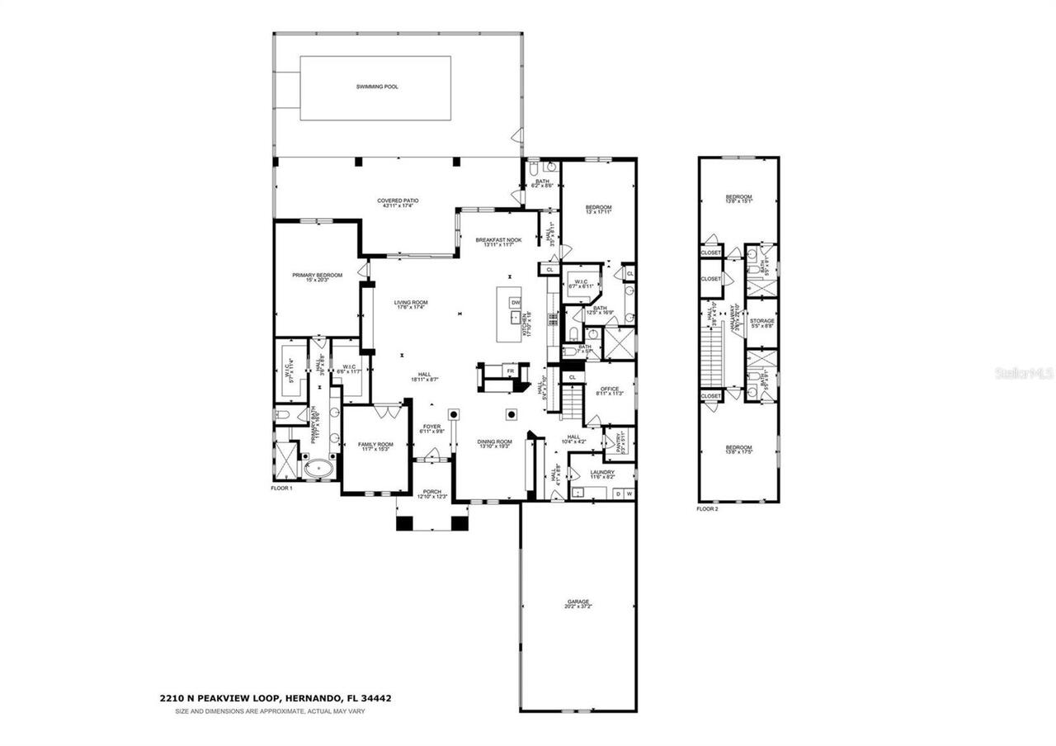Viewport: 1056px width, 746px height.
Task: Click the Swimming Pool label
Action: pyautogui.click(x=377, y=86)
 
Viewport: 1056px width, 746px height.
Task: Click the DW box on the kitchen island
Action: pyautogui.click(x=516, y=303)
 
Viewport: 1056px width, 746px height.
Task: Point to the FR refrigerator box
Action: pyautogui.click(x=511, y=371)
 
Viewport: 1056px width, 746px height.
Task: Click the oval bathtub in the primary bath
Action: pyautogui.click(x=318, y=471)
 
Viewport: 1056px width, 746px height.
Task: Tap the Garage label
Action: pyautogui.click(x=577, y=602)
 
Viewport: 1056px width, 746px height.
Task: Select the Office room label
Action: pyautogui.click(x=609, y=390)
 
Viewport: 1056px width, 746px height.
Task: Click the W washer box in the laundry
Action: pyautogui.click(x=629, y=493)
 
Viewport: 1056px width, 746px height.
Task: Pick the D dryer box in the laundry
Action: pyautogui.click(x=618, y=493)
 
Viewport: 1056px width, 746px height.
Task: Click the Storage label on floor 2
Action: pyautogui.click(x=761, y=320)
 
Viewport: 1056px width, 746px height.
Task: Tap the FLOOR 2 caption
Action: pyautogui.click(x=707, y=509)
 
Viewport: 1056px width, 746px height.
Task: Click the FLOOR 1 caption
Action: pyautogui.click(x=282, y=489)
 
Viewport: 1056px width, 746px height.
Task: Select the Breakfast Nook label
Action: pyautogui.click(x=498, y=240)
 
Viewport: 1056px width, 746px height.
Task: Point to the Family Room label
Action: pyautogui.click(x=375, y=445)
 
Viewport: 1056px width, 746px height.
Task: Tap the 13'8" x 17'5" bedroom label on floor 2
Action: pyautogui.click(x=738, y=450)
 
